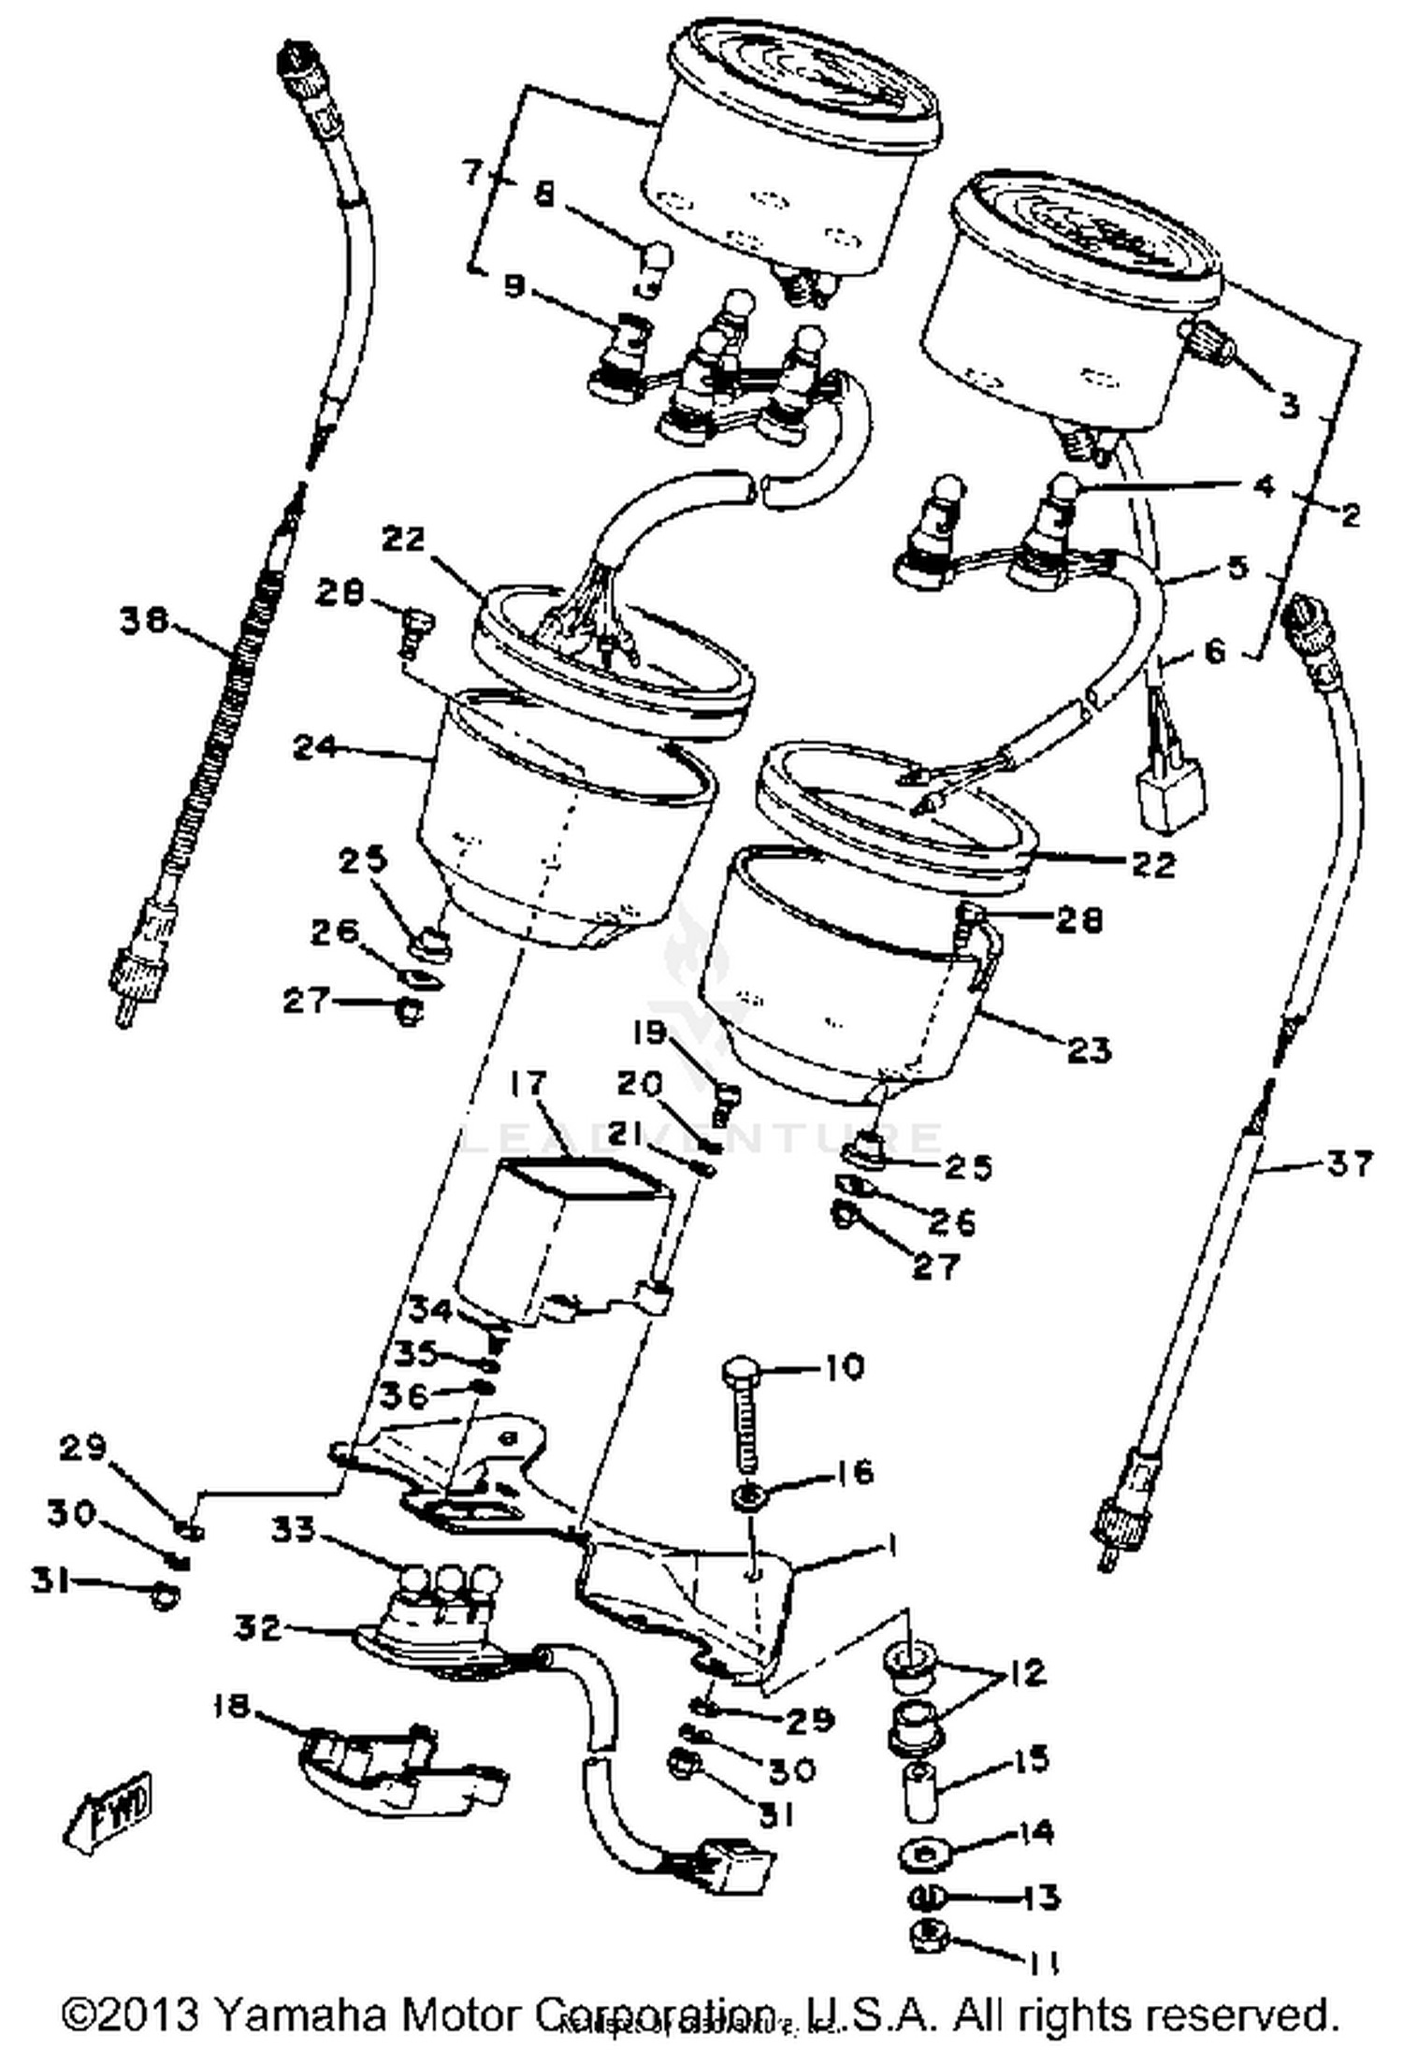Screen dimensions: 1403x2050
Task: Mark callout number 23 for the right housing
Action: click(1088, 1049)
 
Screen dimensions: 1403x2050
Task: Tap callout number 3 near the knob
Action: click(1289, 405)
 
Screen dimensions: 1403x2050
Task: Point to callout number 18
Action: click(231, 1707)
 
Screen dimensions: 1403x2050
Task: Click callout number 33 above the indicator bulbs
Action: click(295, 1530)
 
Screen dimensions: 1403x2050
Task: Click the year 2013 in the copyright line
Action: click(150, 2012)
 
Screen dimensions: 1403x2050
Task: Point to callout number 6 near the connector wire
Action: click(1213, 651)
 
